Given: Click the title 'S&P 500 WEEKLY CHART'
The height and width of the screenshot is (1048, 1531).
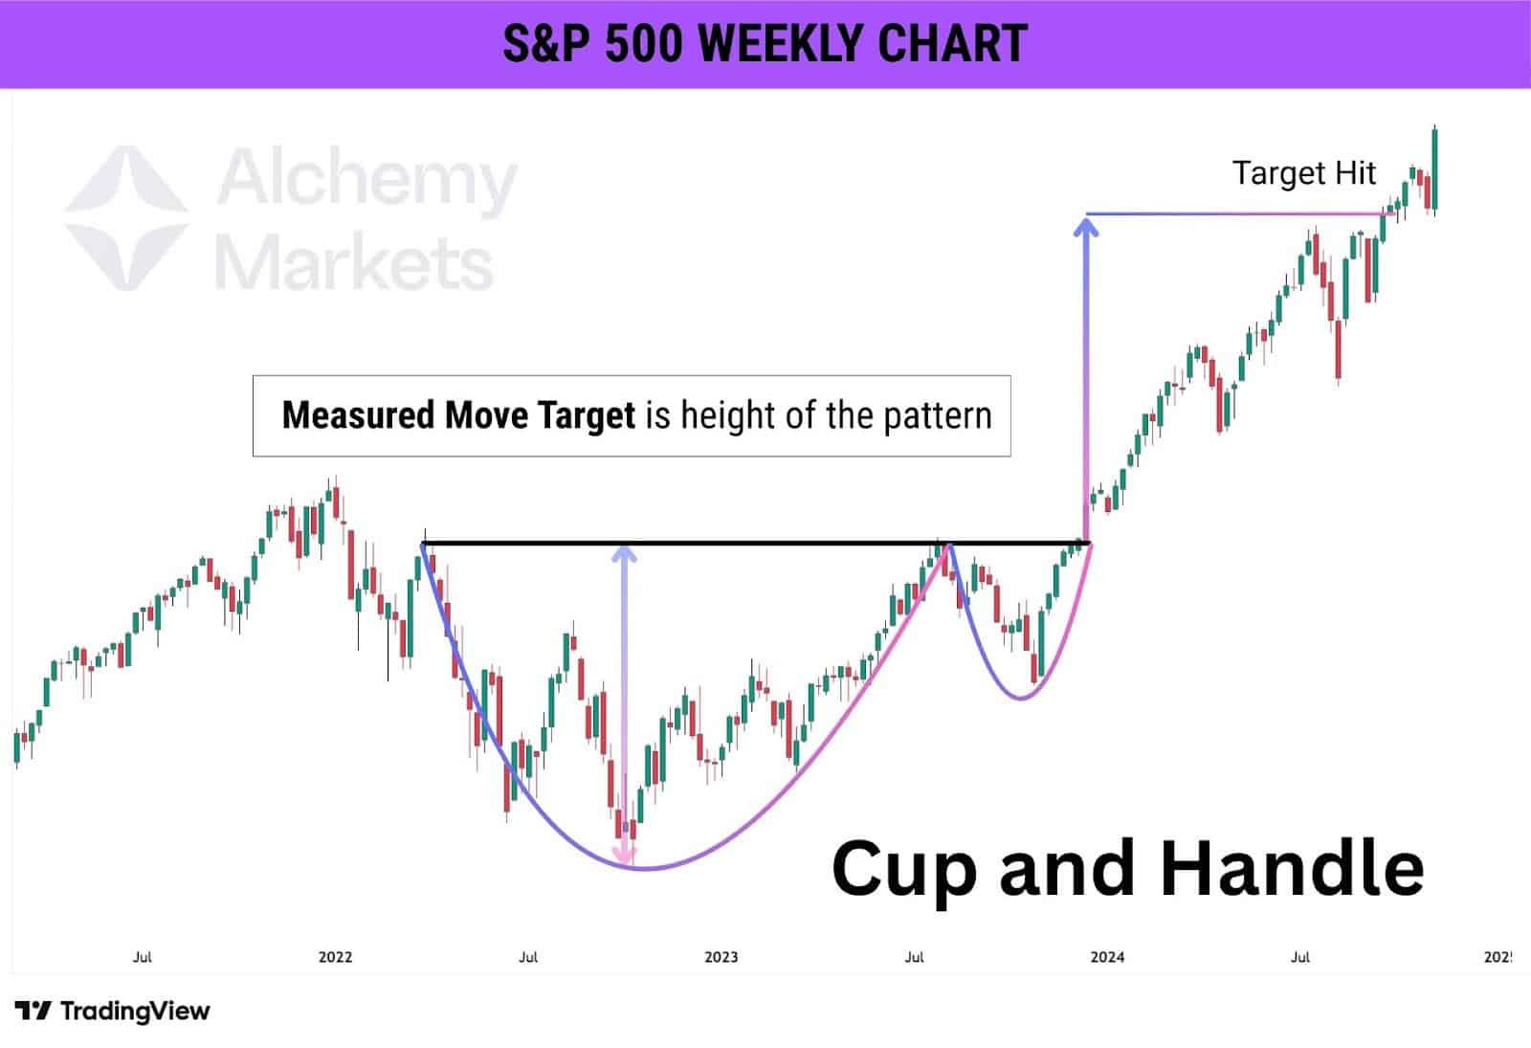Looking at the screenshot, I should [x=765, y=44].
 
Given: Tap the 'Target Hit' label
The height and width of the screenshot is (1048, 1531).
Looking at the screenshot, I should [x=1303, y=173].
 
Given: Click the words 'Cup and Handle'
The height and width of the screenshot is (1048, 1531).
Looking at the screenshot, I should [x=1127, y=868].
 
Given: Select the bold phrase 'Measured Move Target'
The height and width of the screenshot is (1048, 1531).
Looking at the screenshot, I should [x=458, y=416].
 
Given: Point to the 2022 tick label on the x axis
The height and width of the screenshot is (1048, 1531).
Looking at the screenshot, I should [x=335, y=956].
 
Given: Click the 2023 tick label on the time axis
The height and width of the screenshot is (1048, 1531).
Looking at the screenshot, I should [x=721, y=956].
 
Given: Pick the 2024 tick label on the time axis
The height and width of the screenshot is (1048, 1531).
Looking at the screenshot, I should [x=1107, y=956].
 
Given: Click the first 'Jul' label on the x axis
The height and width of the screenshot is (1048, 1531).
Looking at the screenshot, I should [x=142, y=956].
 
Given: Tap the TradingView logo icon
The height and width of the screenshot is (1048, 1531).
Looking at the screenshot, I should [x=33, y=1011].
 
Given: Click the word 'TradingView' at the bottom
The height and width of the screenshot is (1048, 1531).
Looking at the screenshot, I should [x=135, y=1011].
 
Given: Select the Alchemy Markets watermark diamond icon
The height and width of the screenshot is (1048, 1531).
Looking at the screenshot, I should [x=125, y=217].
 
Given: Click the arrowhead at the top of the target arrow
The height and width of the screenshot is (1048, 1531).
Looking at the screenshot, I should [x=1085, y=227].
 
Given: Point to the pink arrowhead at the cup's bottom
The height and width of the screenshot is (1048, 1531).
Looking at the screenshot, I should [x=625, y=855].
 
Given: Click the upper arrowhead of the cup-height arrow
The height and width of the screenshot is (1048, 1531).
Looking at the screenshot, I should [x=624, y=554].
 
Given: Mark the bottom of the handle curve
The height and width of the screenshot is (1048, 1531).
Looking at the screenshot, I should [x=1022, y=698].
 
